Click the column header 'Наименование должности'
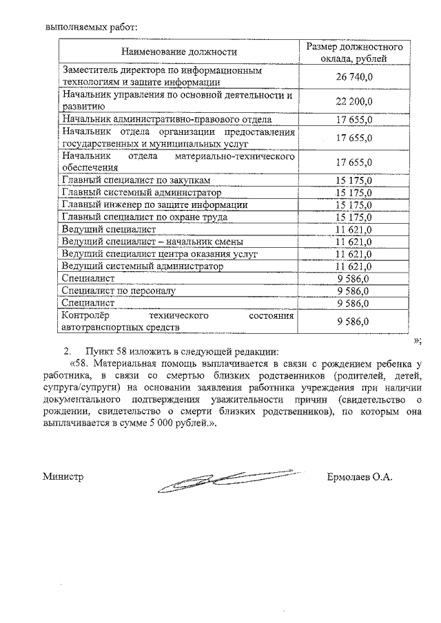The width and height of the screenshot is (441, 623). point(178,52)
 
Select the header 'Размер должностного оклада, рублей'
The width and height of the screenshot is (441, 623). point(354,52)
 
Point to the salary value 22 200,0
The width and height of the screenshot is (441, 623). point(354,101)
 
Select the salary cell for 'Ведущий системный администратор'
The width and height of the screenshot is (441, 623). point(354,266)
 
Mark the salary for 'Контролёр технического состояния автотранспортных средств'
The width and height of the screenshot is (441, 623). point(354,321)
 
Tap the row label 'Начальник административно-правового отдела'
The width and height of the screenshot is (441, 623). point(167,120)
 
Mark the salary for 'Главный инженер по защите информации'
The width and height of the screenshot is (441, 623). point(354,204)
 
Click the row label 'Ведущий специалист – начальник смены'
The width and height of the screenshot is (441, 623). point(152,242)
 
